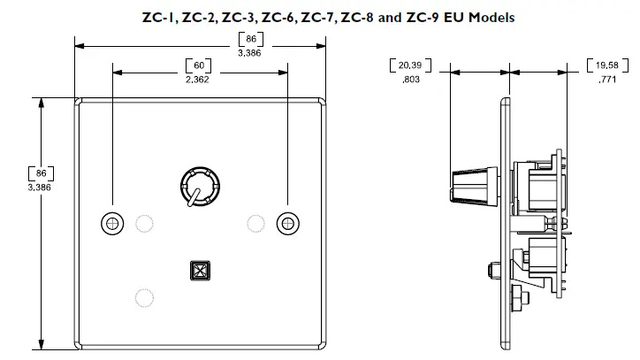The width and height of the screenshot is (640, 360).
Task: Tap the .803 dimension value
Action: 410,80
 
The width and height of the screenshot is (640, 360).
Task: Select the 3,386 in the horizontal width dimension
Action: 251,53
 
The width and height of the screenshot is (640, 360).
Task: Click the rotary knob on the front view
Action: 196,187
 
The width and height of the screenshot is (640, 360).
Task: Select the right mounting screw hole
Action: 286,224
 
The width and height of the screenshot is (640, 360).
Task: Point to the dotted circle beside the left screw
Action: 143,222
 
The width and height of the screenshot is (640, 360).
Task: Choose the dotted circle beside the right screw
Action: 255,222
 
